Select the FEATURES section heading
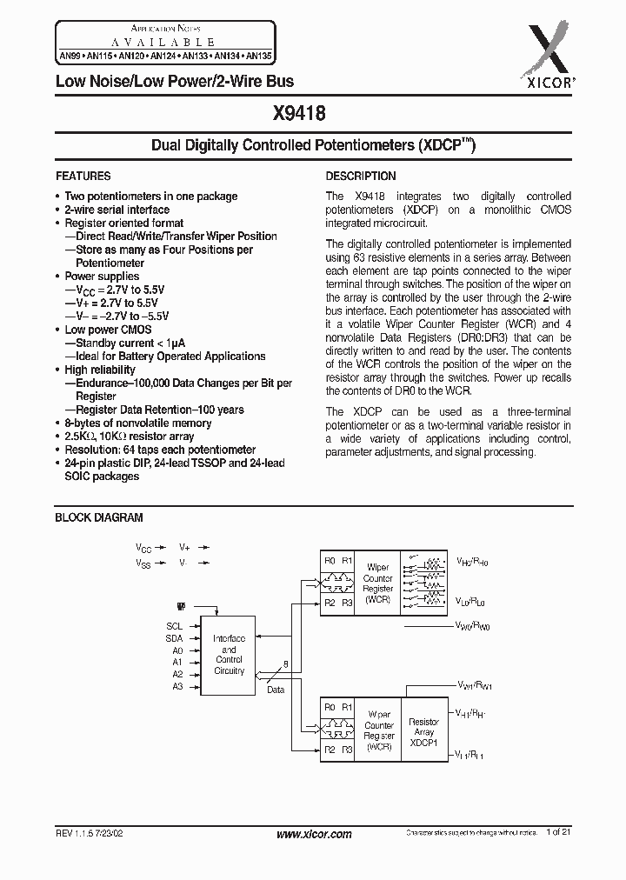[x=83, y=176]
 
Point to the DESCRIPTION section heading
[x=361, y=176]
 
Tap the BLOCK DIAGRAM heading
[x=99, y=517]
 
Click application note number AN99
[x=67, y=53]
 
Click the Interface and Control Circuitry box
[x=229, y=654]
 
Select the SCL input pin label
[x=175, y=626]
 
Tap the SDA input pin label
[x=175, y=638]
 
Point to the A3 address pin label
[x=177, y=686]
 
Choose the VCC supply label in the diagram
[x=143, y=548]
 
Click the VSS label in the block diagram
[x=143, y=563]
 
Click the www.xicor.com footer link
[x=313, y=834]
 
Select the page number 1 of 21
[x=559, y=834]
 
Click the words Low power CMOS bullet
[x=108, y=330]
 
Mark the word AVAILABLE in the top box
[x=163, y=41]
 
